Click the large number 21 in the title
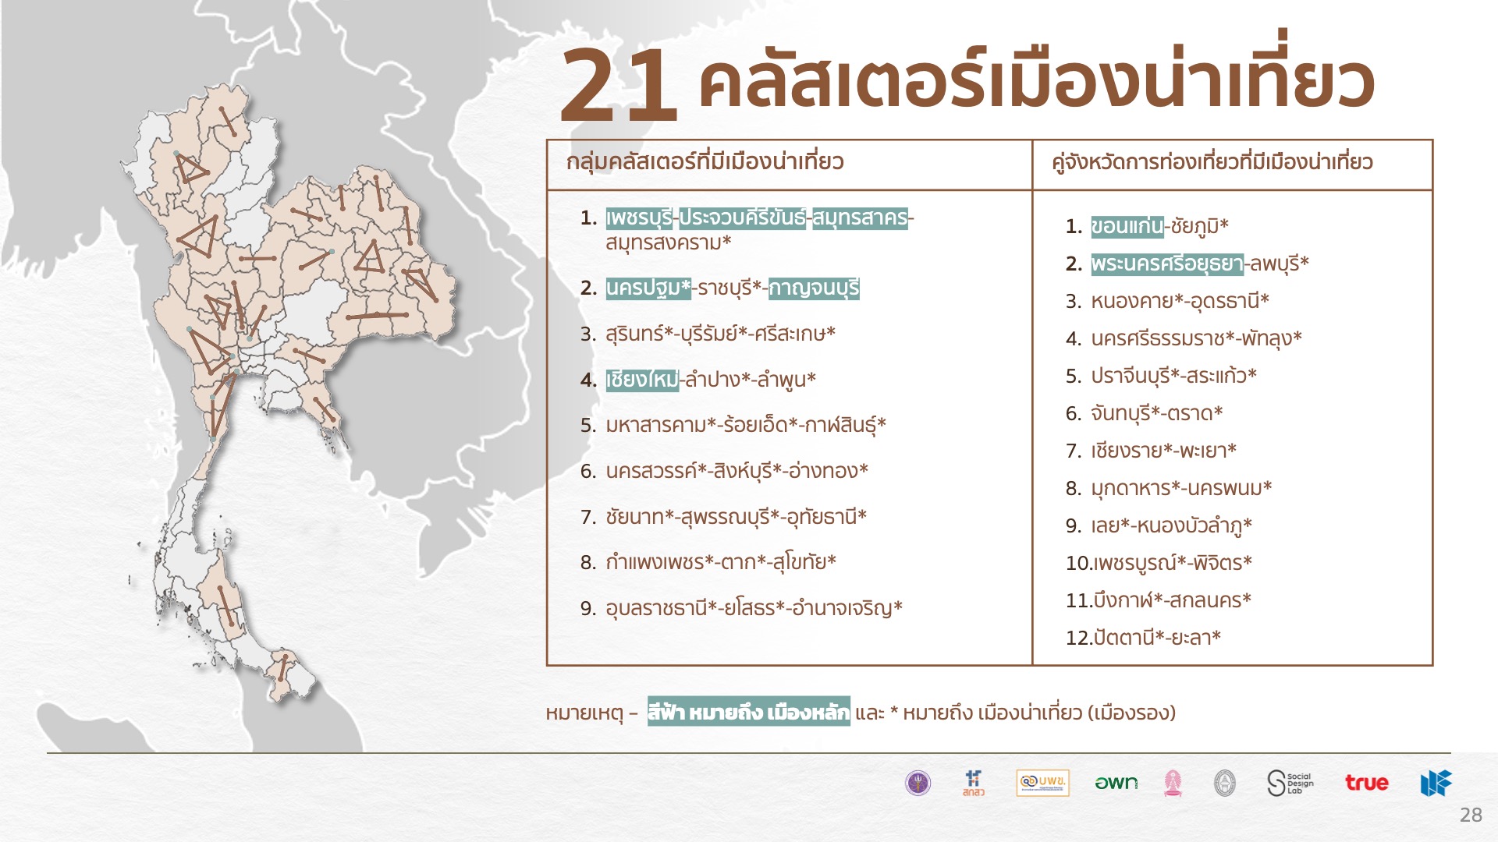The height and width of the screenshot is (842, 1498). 617,85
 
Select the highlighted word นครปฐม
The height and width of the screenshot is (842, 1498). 648,288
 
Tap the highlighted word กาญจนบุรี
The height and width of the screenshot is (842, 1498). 814,288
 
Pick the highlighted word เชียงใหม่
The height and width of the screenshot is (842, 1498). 642,380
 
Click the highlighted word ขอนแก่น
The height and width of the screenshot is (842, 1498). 1127,226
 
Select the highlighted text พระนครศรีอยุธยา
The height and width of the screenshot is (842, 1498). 1167,264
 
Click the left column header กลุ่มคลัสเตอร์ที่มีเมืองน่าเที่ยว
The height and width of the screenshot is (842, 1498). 705,162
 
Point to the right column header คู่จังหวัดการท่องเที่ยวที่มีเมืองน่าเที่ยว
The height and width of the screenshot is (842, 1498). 1212,162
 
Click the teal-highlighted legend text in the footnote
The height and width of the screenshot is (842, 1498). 748,712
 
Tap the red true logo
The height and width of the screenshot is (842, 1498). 1366,783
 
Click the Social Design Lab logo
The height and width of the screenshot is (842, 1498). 1290,783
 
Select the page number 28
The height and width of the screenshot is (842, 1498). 1471,815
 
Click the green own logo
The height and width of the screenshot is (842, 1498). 1116,783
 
